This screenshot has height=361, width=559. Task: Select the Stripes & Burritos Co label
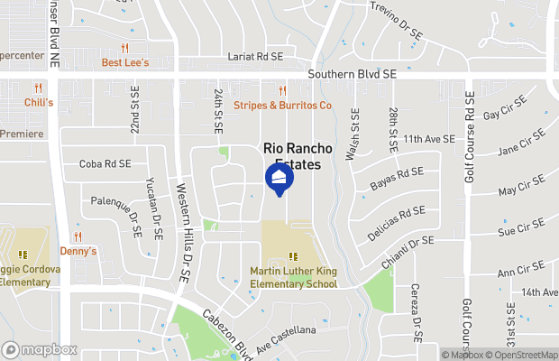[x=283, y=106]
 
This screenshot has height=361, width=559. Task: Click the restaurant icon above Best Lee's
[x=125, y=49]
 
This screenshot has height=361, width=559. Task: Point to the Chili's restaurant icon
[x=38, y=88]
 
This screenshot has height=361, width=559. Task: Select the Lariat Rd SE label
[x=255, y=56]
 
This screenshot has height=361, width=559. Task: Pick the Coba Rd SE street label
[x=105, y=164]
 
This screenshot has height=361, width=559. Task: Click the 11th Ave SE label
[x=427, y=139]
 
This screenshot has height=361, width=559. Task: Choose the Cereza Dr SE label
[x=417, y=311]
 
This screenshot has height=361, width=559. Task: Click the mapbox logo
[x=40, y=349]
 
